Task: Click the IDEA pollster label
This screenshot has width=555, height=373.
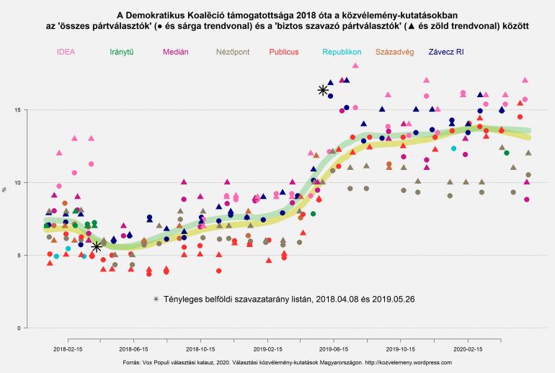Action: click(66, 53)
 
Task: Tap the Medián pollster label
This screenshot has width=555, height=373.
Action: click(176, 53)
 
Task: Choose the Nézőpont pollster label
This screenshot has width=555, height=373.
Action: click(234, 53)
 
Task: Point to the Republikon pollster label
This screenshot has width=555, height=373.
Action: click(342, 53)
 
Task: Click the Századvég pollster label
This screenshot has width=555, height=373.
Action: click(395, 53)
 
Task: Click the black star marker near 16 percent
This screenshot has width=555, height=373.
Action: click(323, 90)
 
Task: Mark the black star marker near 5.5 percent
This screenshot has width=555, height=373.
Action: click(97, 247)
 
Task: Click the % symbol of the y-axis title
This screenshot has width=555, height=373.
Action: click(5, 189)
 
